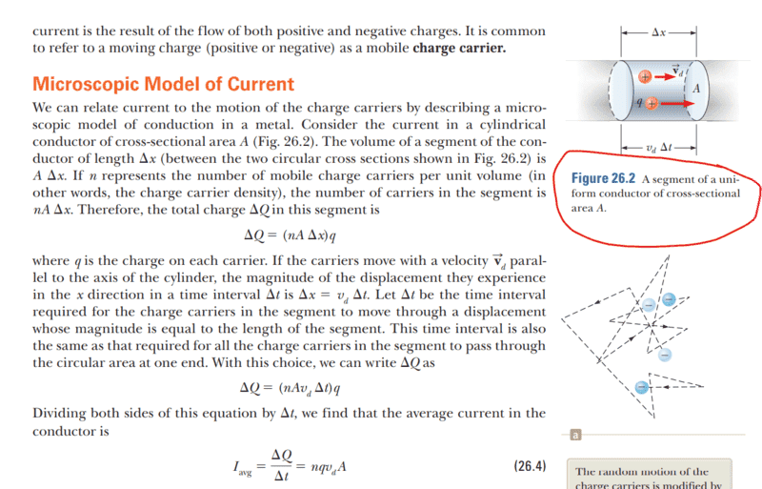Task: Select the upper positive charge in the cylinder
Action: (x=646, y=74)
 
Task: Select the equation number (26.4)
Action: (x=530, y=467)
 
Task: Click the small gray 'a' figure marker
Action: (x=574, y=436)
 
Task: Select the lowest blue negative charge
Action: (x=643, y=387)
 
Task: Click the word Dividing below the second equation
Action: (x=61, y=414)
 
